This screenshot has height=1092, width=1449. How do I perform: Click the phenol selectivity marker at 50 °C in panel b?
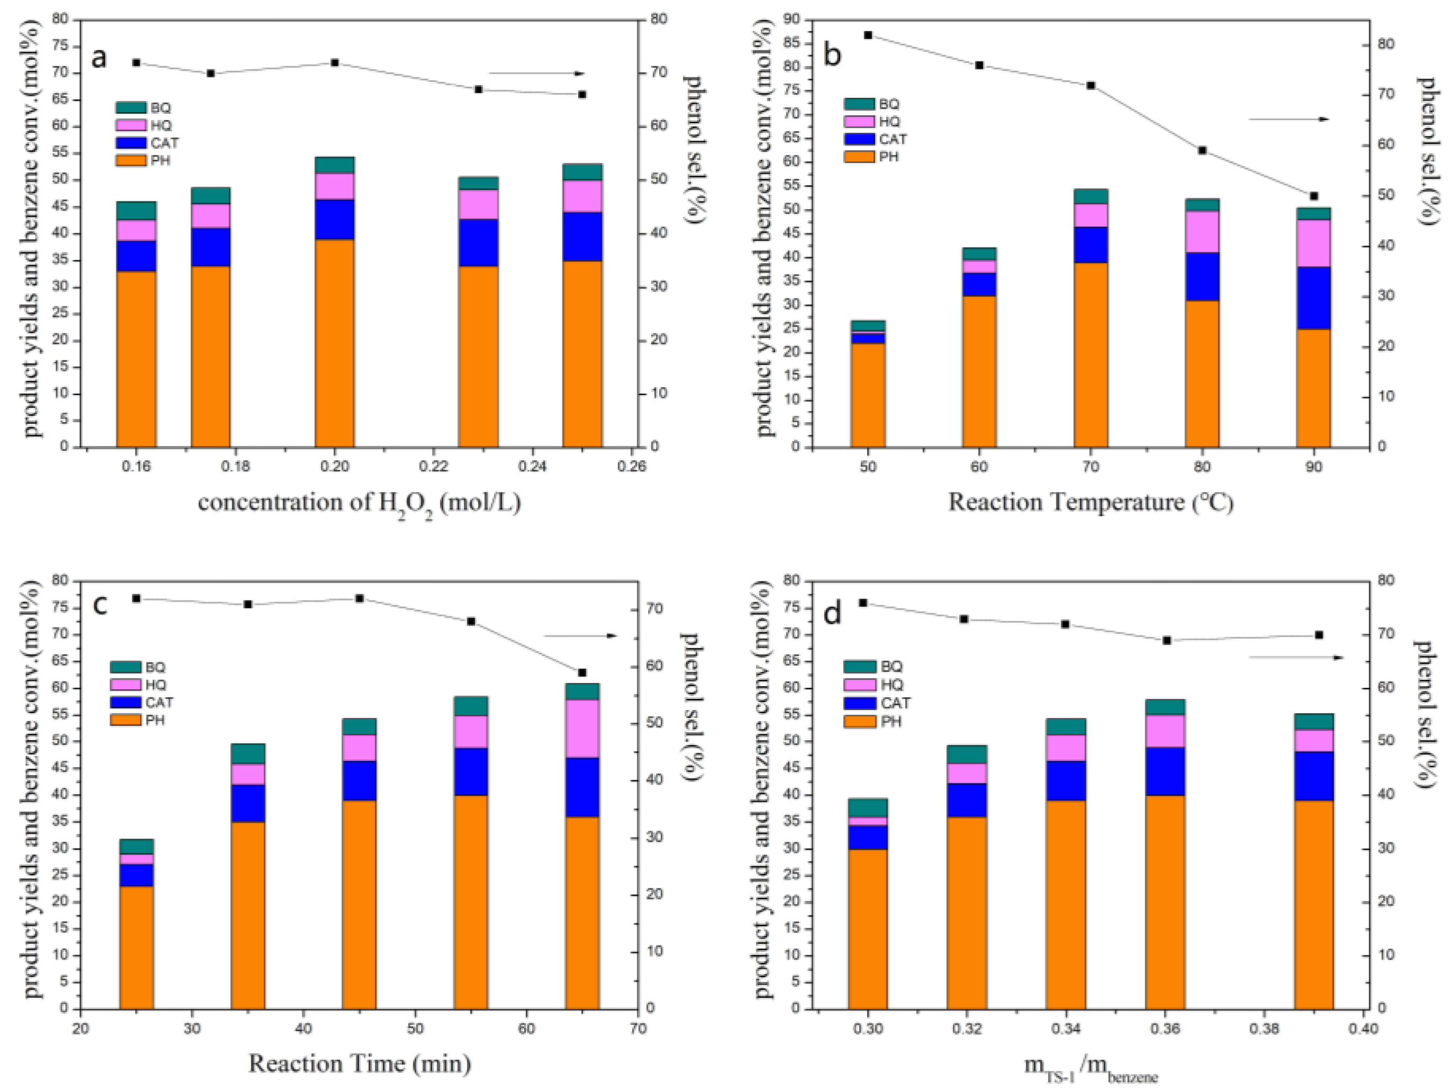click(x=868, y=35)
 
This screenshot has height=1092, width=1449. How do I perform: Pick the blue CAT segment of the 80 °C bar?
click(x=1202, y=277)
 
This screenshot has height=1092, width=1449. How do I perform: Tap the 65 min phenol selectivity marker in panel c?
click(x=582, y=673)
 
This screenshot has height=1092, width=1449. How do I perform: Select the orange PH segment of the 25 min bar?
click(x=136, y=947)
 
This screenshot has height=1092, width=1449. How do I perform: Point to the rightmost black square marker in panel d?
click(x=1319, y=635)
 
